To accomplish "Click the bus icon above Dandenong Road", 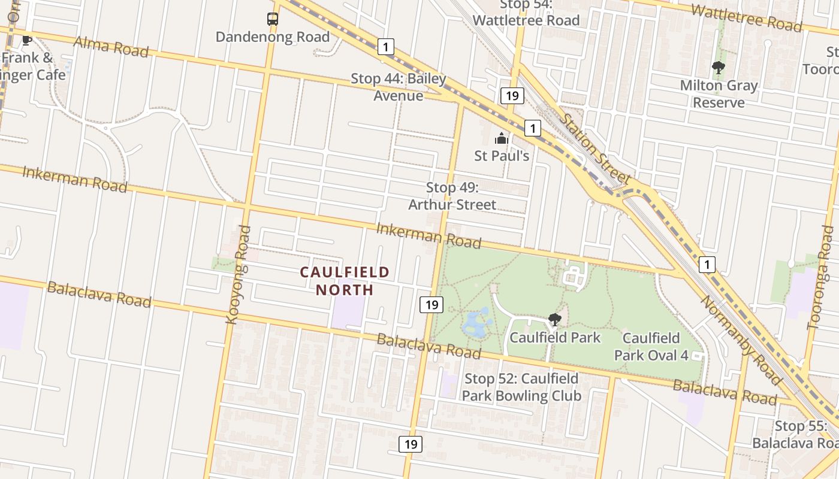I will (273, 19).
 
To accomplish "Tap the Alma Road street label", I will (111, 46).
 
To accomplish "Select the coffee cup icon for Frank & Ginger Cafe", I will (26, 41).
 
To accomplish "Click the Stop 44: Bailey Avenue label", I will (399, 87).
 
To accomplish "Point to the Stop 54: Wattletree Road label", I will (526, 13).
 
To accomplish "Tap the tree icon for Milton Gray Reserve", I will (719, 67).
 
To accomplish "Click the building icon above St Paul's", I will (502, 140).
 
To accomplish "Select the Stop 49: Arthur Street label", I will (452, 196).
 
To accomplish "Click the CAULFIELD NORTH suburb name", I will (345, 281).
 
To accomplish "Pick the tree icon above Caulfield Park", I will (555, 320).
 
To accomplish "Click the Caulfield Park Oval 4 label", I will (651, 347).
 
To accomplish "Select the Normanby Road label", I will (741, 340).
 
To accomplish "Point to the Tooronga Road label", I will (821, 278).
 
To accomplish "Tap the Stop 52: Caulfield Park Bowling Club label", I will (521, 387).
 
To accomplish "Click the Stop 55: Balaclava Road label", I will (795, 435).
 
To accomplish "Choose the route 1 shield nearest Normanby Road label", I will (708, 264).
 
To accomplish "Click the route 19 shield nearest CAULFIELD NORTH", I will (431, 305).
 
